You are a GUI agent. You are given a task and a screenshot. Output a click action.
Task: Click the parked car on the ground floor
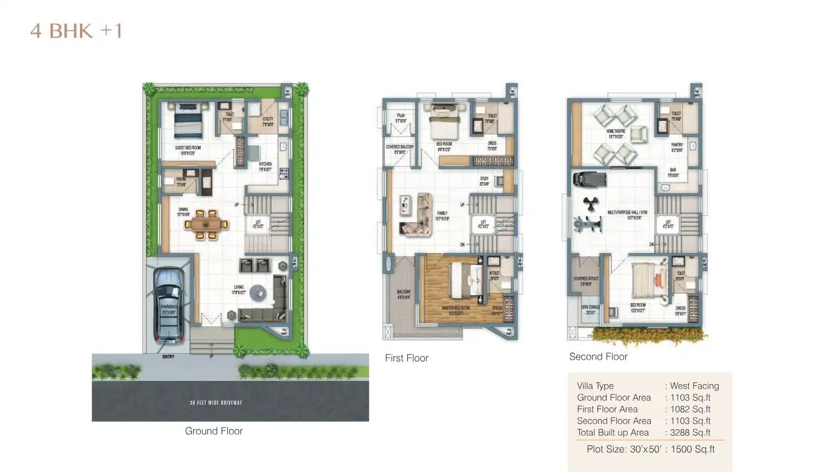tap(168, 304)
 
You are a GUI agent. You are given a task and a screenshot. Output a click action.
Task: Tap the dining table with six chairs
tap(206, 224)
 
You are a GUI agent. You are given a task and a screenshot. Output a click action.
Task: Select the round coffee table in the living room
tap(257, 292)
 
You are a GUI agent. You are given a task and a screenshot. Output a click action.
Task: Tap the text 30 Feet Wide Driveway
tap(216, 402)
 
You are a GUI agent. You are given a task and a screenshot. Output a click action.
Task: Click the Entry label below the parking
tap(168, 356)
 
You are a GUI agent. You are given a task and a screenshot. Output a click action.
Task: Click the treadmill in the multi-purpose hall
tap(589, 179)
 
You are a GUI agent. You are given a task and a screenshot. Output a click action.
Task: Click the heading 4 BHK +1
tap(76, 31)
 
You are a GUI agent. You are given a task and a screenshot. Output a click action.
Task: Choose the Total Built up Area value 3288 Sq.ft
tap(690, 432)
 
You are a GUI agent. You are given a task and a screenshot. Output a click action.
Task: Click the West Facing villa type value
tap(694, 386)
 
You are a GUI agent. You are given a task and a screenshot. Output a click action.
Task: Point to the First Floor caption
tap(406, 358)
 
